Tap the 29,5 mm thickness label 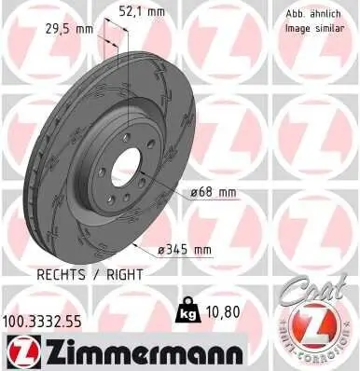(x=72, y=28)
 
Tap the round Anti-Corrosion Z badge (x=315, y=331)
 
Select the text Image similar (x=312, y=28)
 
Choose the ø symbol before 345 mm (x=162, y=249)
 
